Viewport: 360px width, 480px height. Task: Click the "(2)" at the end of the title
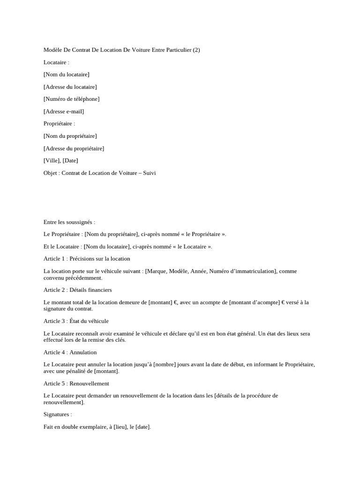(x=195, y=50)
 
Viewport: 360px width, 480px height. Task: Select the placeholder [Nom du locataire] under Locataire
(x=66, y=75)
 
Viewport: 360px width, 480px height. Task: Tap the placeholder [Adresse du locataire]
(x=70, y=87)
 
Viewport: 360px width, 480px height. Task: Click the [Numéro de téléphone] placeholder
(x=71, y=99)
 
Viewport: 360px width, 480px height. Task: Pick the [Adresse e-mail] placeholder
(x=64, y=112)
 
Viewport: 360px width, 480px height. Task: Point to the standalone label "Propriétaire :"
(x=59, y=124)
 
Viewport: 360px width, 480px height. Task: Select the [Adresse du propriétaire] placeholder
(x=74, y=149)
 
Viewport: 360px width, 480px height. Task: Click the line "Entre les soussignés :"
(x=69, y=222)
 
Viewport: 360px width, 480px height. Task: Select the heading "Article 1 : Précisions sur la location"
(x=87, y=259)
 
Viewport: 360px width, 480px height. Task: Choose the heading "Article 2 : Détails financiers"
(x=77, y=290)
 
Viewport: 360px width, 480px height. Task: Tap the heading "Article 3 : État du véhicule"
(x=76, y=321)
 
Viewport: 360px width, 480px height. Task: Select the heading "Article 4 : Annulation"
(x=70, y=352)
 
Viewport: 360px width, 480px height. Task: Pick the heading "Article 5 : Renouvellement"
(x=76, y=383)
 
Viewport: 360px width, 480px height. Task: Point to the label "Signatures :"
(x=58, y=415)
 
